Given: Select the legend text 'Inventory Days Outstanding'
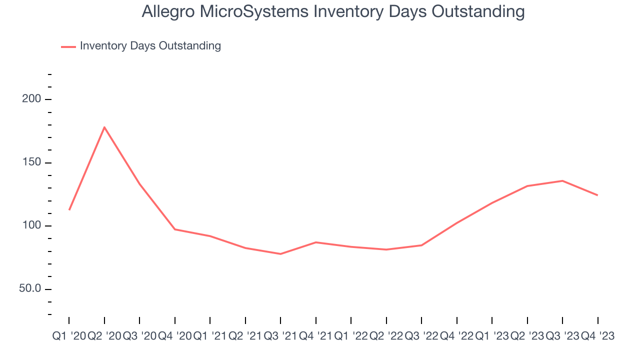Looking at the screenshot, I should (150, 46).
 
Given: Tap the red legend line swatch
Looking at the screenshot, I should (68, 46).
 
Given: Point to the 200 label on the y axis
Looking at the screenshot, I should (32, 99).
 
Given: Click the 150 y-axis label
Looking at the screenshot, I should (32, 163).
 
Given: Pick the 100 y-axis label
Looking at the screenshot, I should (32, 226).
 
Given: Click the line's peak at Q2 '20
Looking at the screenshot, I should (104, 127).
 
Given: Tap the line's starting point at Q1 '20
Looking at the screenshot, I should (69, 209).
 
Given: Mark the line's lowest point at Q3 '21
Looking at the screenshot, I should (280, 254).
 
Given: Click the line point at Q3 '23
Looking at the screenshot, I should (562, 180).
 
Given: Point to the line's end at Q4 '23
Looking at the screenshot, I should (597, 195).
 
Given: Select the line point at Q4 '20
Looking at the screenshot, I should (174, 229).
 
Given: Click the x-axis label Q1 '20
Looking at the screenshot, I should (69, 336).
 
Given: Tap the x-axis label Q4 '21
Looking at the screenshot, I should (315, 336).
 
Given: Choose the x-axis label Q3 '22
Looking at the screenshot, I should (421, 336).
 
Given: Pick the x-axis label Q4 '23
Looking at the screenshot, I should (597, 336).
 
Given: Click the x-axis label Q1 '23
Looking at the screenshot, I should (492, 336).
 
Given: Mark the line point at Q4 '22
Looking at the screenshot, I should (457, 223).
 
